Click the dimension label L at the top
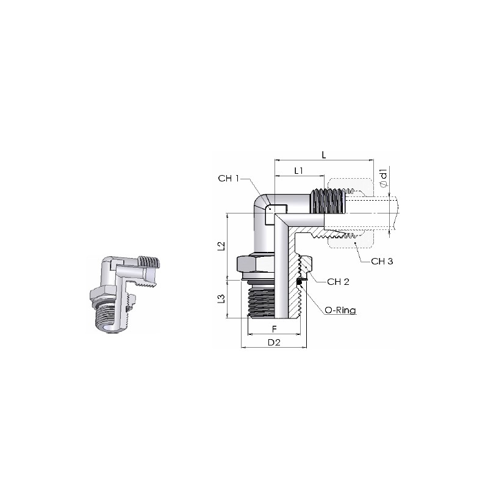(x=324, y=155)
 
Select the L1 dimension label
(x=298, y=171)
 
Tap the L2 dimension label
(x=221, y=246)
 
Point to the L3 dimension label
(x=221, y=299)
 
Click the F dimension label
(x=274, y=329)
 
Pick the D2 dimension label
(x=274, y=342)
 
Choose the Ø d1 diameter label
(x=384, y=178)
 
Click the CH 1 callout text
(x=228, y=178)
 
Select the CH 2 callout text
(x=338, y=282)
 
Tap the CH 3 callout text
(x=382, y=261)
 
